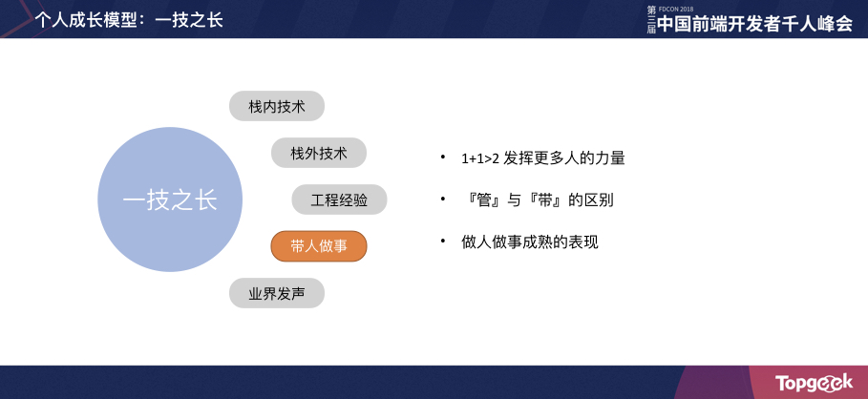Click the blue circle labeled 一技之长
(170, 200)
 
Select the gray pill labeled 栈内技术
(277, 106)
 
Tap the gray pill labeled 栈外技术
(319, 153)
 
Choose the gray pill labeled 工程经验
(339, 199)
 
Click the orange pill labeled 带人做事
(319, 246)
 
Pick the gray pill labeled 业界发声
(277, 293)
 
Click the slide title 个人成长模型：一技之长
(129, 19)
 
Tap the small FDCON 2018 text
(677, 8)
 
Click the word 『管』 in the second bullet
(481, 200)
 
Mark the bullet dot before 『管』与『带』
(443, 199)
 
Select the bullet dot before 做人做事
(443, 241)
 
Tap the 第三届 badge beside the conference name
(651, 20)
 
